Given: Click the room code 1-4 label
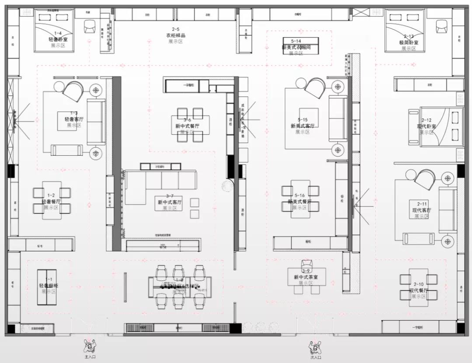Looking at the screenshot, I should coord(58,34).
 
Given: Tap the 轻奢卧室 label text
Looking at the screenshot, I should coord(58,40).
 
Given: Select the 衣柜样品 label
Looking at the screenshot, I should coord(175,36).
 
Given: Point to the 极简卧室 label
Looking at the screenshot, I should coord(409,43).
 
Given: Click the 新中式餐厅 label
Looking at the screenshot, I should coord(187,126).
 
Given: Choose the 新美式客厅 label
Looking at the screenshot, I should coord(302,126).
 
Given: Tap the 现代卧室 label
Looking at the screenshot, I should coord(427,127).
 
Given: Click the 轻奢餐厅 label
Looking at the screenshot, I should coord(51,202).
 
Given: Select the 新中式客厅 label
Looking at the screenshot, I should coord(170,202).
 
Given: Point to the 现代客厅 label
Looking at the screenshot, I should coord(422,210).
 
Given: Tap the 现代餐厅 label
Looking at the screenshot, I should coord(419,290).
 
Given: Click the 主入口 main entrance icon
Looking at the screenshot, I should coord(90,346).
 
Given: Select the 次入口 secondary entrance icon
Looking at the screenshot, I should coord(315,347).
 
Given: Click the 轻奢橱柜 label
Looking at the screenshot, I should coord(48,286).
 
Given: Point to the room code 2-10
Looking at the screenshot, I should coord(419,284).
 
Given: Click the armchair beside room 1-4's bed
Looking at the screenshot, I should coord(90,27).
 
